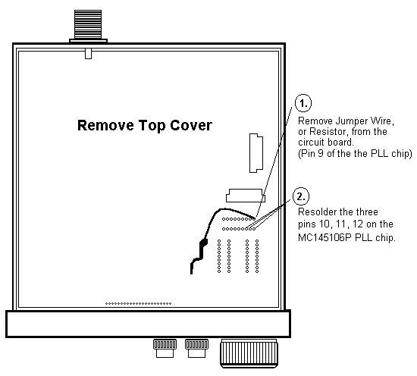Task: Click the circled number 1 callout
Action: [303, 102]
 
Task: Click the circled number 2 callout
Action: [301, 196]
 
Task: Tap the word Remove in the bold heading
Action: [105, 125]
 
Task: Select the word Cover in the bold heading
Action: [191, 125]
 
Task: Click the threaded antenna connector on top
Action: [88, 26]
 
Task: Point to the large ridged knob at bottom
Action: [249, 353]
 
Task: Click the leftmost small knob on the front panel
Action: [165, 348]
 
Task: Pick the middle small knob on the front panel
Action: [197, 348]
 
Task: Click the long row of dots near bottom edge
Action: [138, 303]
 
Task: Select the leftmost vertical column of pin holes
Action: [219, 256]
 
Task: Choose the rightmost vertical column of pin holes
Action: [257, 256]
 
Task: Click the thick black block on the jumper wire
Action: [204, 243]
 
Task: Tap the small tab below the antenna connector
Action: [88, 53]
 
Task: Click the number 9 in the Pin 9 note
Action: [321, 153]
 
